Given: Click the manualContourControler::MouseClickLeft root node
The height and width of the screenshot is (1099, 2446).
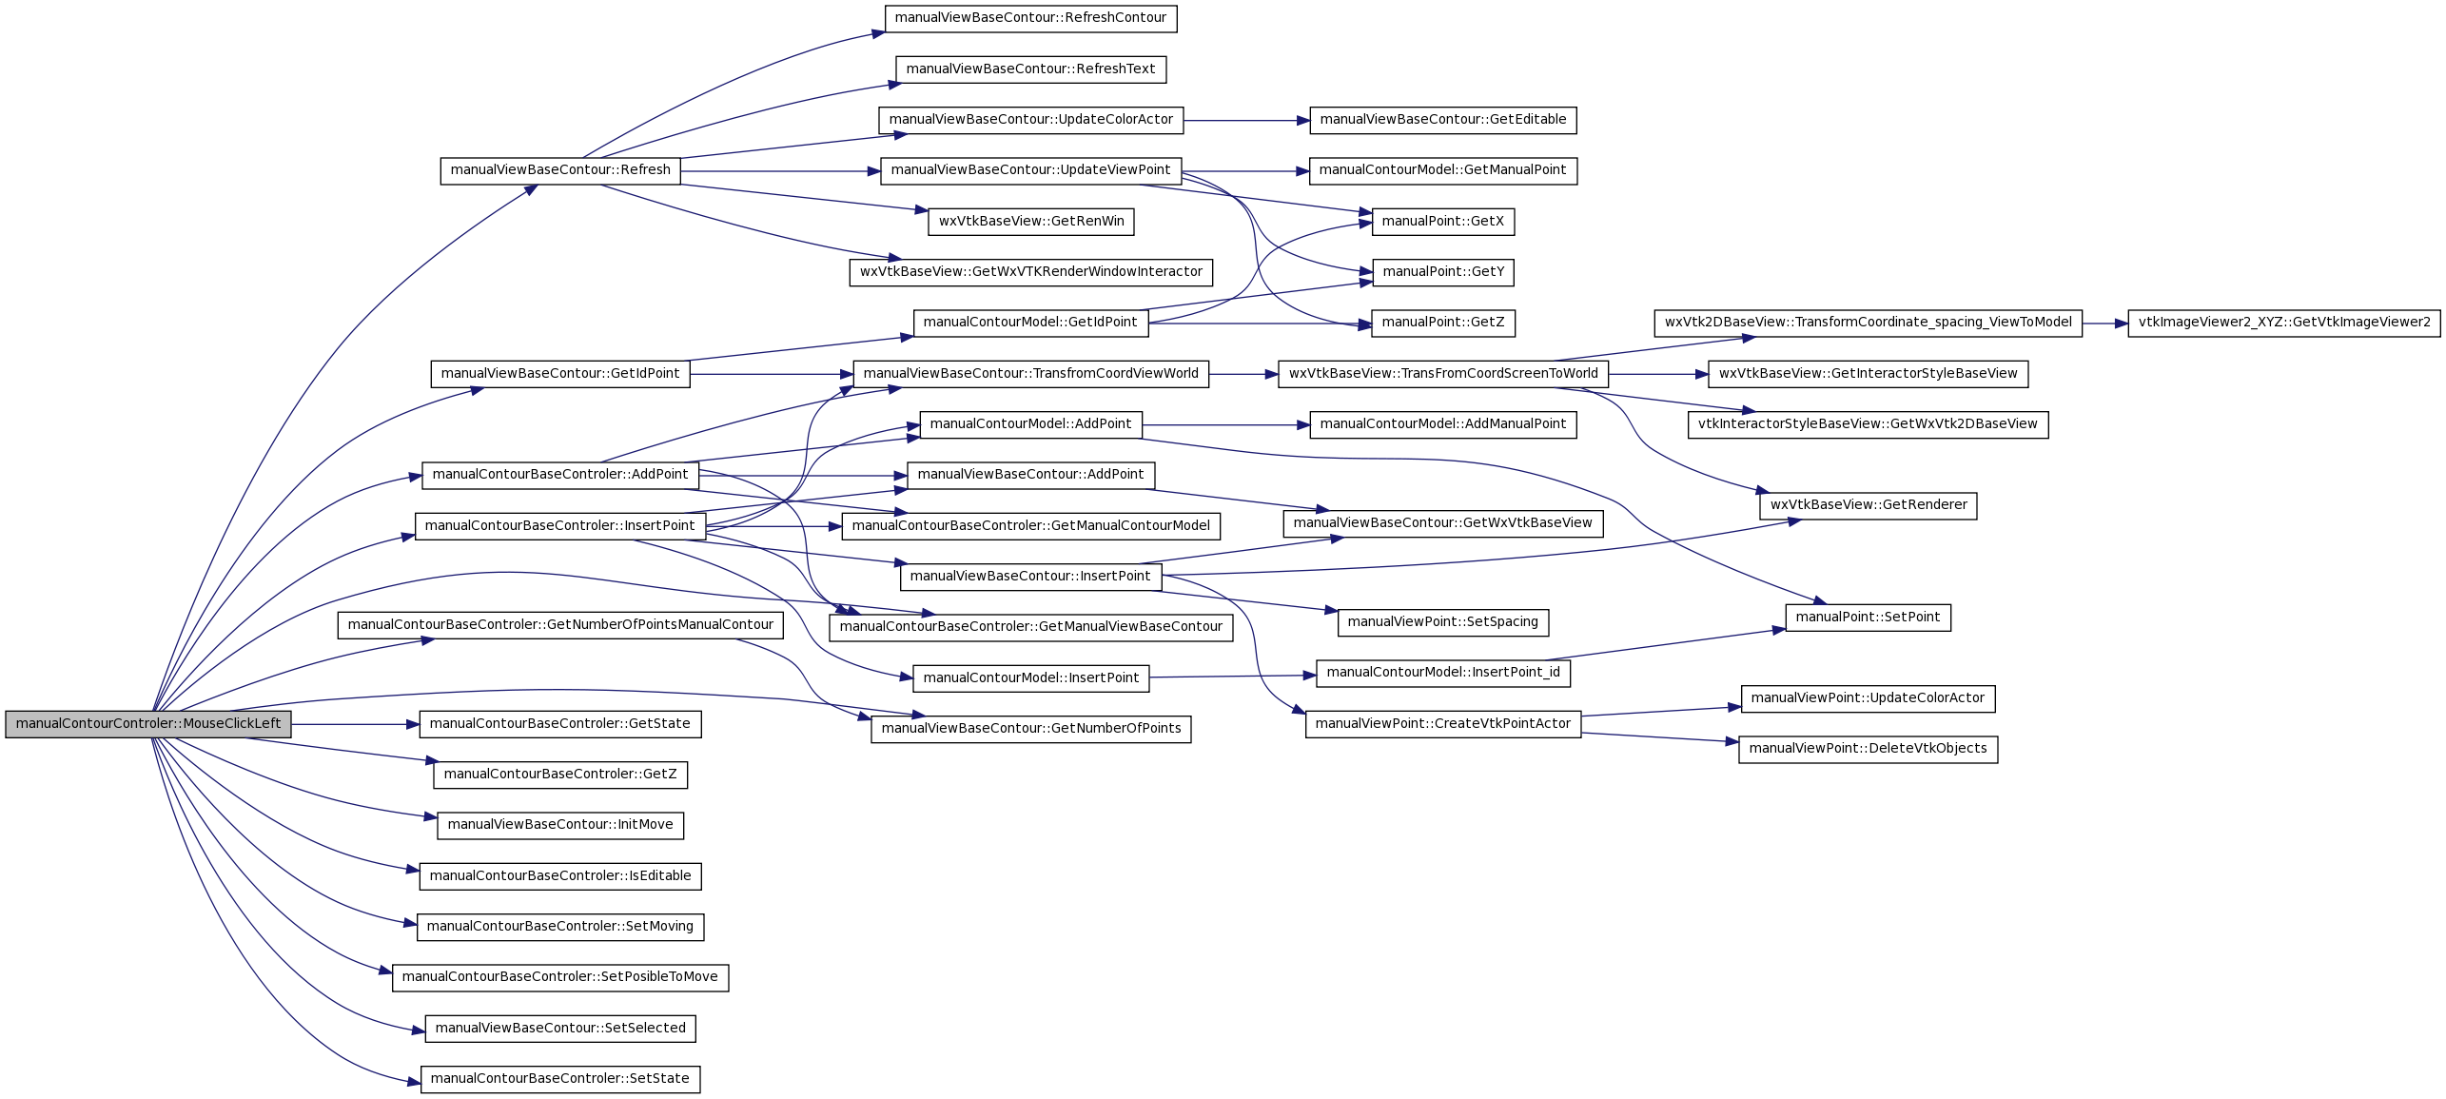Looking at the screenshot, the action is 148,724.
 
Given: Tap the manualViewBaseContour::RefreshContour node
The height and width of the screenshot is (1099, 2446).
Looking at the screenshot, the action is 1030,19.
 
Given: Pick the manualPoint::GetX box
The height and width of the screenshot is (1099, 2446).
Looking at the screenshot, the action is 1442,222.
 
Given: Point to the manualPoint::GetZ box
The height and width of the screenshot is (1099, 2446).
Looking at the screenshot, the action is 1442,324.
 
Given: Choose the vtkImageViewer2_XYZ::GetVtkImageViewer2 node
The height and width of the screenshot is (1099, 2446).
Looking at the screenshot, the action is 2283,324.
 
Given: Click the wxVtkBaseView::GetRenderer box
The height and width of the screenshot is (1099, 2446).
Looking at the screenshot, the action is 1868,506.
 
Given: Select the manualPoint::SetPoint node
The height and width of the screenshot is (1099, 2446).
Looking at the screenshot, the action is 1868,618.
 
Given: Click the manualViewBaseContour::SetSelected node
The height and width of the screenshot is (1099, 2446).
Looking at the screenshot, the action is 560,1029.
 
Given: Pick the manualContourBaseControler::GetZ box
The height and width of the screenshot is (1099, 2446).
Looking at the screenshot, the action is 560,775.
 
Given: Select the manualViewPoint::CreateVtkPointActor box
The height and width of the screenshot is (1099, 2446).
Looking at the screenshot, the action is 1442,724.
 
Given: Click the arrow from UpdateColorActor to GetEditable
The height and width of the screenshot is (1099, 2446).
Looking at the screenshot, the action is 1246,121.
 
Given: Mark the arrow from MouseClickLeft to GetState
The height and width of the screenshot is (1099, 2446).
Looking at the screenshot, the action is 355,724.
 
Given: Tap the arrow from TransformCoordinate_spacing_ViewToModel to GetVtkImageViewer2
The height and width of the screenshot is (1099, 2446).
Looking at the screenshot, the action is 2104,324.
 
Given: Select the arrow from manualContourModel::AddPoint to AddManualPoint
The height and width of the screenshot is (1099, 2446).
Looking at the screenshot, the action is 1225,425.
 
